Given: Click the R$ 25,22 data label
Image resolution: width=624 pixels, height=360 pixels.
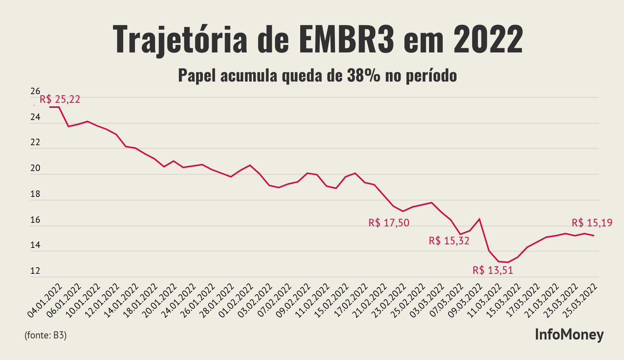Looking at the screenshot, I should click(60, 99).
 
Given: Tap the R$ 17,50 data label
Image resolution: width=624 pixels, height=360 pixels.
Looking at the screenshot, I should click(389, 223).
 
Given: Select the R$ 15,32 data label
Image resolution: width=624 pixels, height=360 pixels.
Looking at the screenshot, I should click(449, 241).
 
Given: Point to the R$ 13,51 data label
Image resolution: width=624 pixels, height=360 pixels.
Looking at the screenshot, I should click(493, 270).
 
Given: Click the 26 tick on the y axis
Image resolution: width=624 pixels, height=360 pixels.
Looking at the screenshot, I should click(35, 91).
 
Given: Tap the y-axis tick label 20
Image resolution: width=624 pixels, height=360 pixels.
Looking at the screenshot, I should click(35, 169).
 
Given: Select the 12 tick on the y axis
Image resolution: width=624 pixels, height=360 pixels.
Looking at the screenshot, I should click(35, 271).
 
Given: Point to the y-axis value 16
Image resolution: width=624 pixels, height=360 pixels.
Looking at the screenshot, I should click(35, 220).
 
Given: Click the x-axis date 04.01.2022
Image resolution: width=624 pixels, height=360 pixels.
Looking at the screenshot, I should click(45, 301).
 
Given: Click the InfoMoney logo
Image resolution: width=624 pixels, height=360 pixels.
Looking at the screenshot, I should click(569, 334).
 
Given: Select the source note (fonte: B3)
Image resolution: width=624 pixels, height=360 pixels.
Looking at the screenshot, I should click(46, 335).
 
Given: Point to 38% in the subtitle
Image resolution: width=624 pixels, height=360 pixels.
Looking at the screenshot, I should click(363, 76).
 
